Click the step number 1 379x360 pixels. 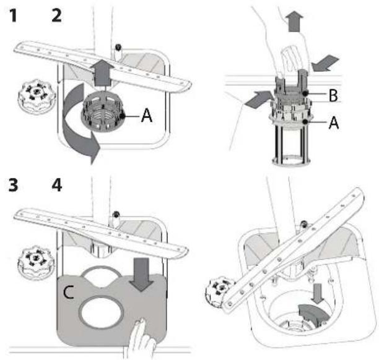pos(14,15)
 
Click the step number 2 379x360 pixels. pos(56,15)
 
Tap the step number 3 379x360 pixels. pos(13,186)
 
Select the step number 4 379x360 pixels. pos(57,186)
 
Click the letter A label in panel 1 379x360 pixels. pos(147,116)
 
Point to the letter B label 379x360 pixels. pos(333,95)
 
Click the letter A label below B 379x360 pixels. pos(334,122)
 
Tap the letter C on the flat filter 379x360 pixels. pos(68,292)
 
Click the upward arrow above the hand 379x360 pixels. pos(295,22)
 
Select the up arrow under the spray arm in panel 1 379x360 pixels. pos(102,73)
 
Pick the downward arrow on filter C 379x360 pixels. pos(141,274)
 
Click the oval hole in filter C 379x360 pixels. pos(101,312)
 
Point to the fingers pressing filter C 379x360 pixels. pos(141,338)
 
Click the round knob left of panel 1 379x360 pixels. pos(37,96)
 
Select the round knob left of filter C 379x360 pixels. pos(37,262)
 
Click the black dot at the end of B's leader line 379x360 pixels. pos(305,93)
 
